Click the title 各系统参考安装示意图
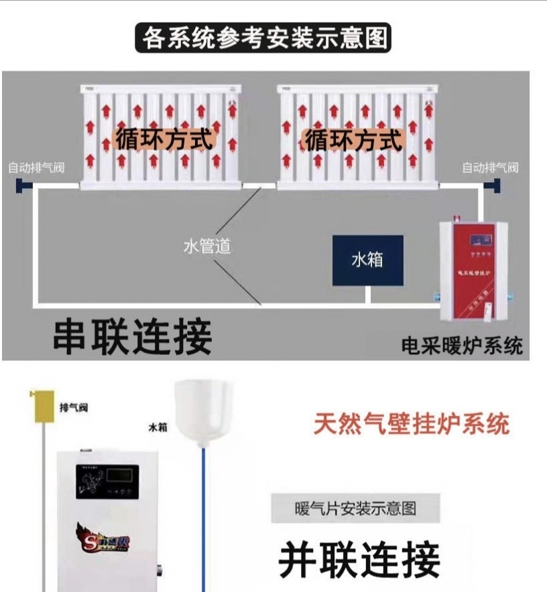263,38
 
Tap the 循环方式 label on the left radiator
164,140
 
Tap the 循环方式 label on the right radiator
353,141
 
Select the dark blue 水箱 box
368,261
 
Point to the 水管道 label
207,246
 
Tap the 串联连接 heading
133,336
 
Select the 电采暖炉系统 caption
461,346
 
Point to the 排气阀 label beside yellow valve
73,408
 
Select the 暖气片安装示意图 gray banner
355,508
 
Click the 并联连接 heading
359,559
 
